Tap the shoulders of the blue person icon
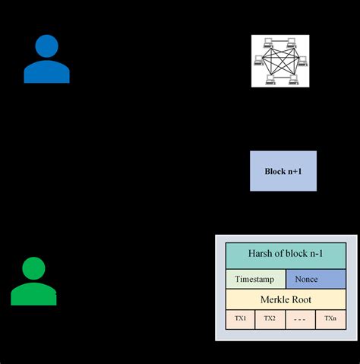pyautogui.click(x=47, y=72)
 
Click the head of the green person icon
pyautogui.click(x=34, y=268)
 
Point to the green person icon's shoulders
pyautogui.click(x=34, y=295)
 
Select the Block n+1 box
pyautogui.click(x=283, y=171)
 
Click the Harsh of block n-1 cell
pyautogui.click(x=285, y=255)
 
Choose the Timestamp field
pyautogui.click(x=255, y=279)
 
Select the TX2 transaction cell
pyautogui.click(x=270, y=318)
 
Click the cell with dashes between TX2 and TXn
pyautogui.click(x=300, y=318)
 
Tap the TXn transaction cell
pyautogui.click(x=330, y=318)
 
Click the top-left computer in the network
pyautogui.click(x=268, y=42)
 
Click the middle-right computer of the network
pyautogui.click(x=304, y=60)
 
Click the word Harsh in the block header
pyautogui.click(x=261, y=255)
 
